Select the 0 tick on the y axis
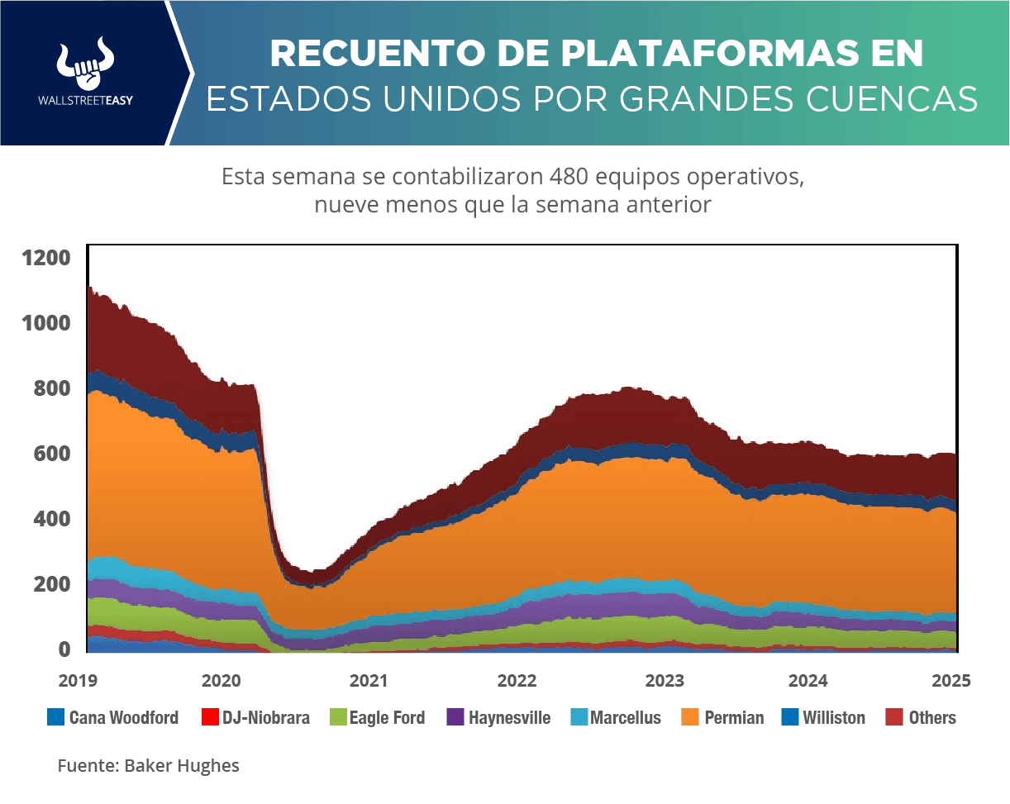(64, 649)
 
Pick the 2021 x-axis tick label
(369, 681)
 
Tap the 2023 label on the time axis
(663, 681)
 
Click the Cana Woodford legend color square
(55, 717)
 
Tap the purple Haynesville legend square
(455, 717)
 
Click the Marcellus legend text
(625, 717)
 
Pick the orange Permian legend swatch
(690, 717)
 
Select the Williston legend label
(834, 717)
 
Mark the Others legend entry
(932, 717)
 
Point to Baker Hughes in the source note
(182, 766)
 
